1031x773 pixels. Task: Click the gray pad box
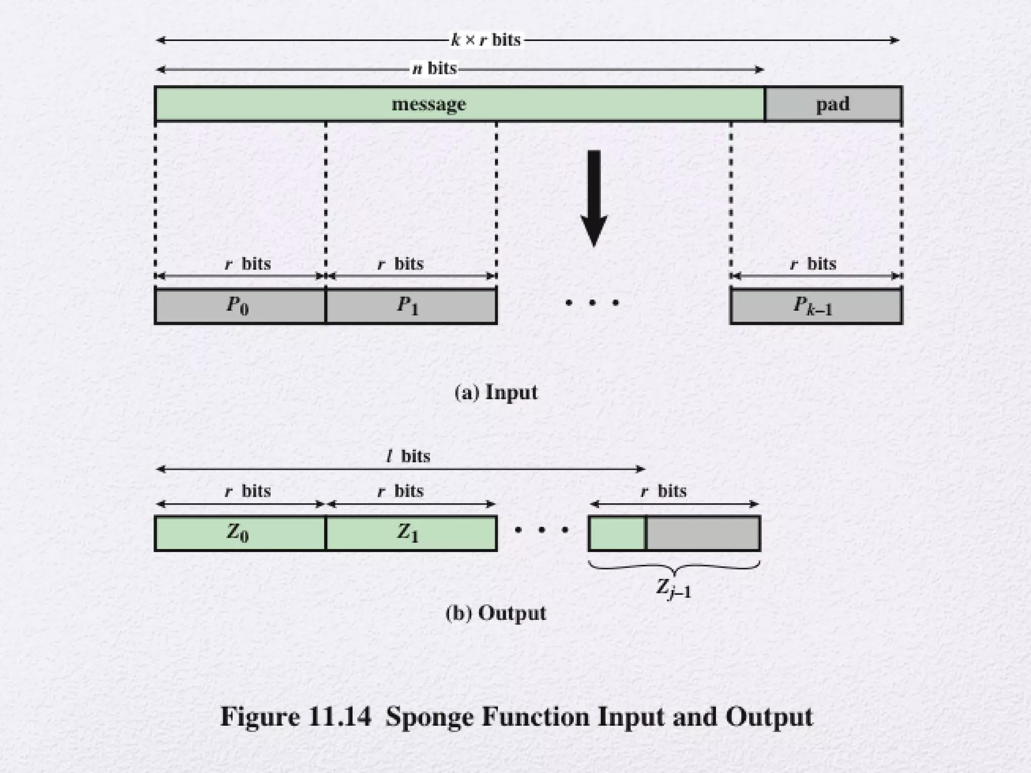(x=833, y=104)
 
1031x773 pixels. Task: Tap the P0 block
(x=240, y=305)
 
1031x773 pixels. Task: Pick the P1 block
(x=411, y=305)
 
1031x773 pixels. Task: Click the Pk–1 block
(x=816, y=305)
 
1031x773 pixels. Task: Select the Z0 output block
(x=240, y=533)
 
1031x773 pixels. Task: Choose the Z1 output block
(x=411, y=533)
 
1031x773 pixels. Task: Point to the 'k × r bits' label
(x=486, y=40)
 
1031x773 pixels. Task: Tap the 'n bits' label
(x=434, y=68)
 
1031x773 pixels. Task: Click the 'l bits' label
(x=408, y=456)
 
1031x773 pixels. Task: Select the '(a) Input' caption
(x=496, y=393)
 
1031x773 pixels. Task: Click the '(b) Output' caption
(x=496, y=613)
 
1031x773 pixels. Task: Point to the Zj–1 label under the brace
(x=674, y=588)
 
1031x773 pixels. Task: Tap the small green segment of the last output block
(x=617, y=533)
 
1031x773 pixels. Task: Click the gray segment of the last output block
(x=703, y=533)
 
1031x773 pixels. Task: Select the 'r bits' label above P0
(x=248, y=264)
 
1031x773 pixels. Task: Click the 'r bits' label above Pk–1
(x=813, y=264)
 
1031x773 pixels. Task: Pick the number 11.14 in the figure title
(x=339, y=717)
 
